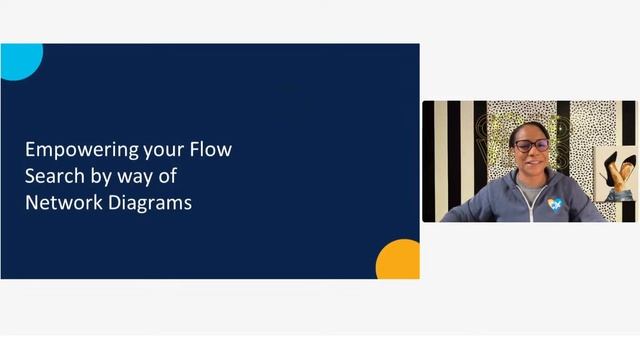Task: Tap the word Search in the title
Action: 52,176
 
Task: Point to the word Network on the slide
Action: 61,202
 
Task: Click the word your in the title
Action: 158,150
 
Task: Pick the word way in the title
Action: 136,177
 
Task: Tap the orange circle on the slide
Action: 399,261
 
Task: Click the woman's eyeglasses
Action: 531,146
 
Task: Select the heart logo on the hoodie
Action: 555,204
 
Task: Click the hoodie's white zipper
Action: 533,205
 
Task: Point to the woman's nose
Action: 532,154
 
